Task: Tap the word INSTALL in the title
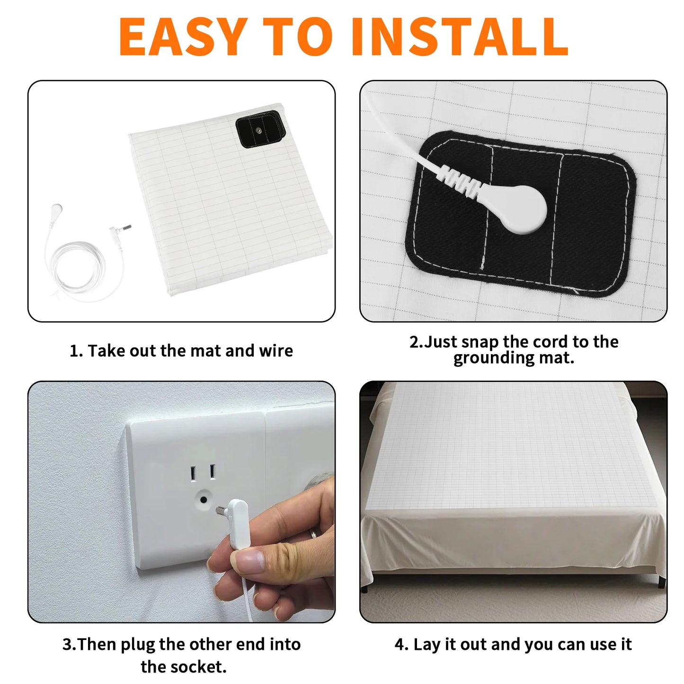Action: coord(460,36)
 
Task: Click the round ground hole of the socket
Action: coord(204,500)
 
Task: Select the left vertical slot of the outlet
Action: coord(193,473)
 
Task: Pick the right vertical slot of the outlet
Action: coord(212,472)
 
